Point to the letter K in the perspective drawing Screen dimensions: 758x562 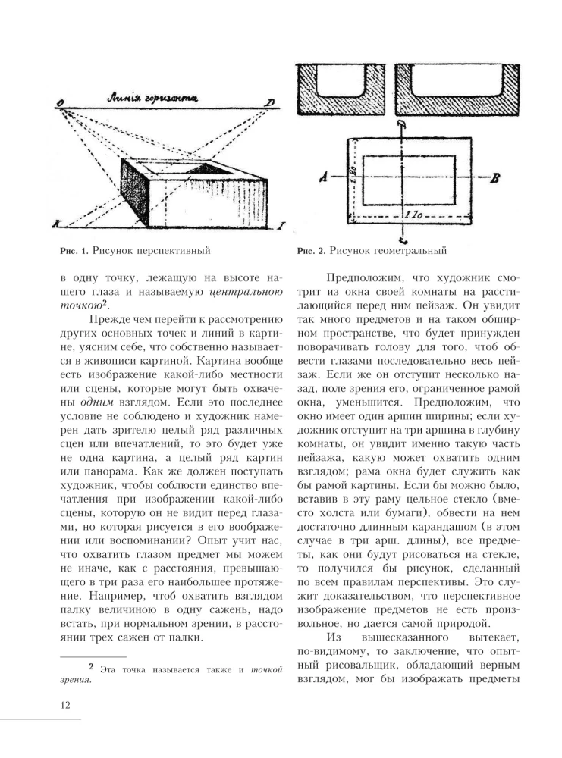pos(56,224)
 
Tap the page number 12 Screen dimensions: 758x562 pos(65,706)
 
